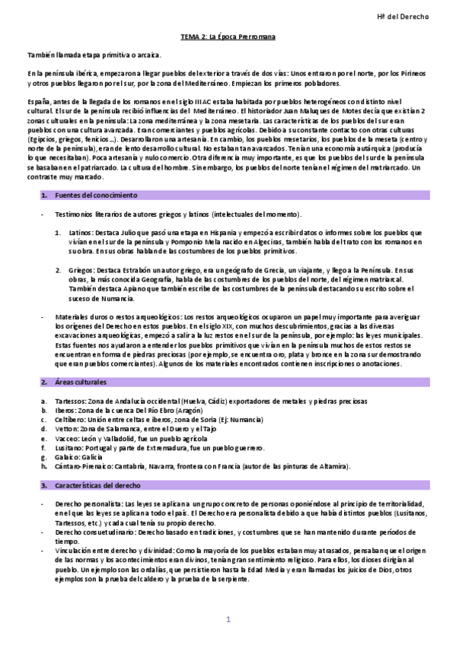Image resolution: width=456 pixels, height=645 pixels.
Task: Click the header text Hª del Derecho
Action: (x=403, y=16)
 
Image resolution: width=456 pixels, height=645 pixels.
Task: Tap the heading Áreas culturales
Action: (x=80, y=381)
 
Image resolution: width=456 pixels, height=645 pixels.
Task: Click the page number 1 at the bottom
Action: (x=228, y=620)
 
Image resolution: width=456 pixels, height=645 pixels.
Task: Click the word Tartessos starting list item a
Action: (x=71, y=400)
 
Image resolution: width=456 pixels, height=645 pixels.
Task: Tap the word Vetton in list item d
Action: (x=68, y=428)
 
